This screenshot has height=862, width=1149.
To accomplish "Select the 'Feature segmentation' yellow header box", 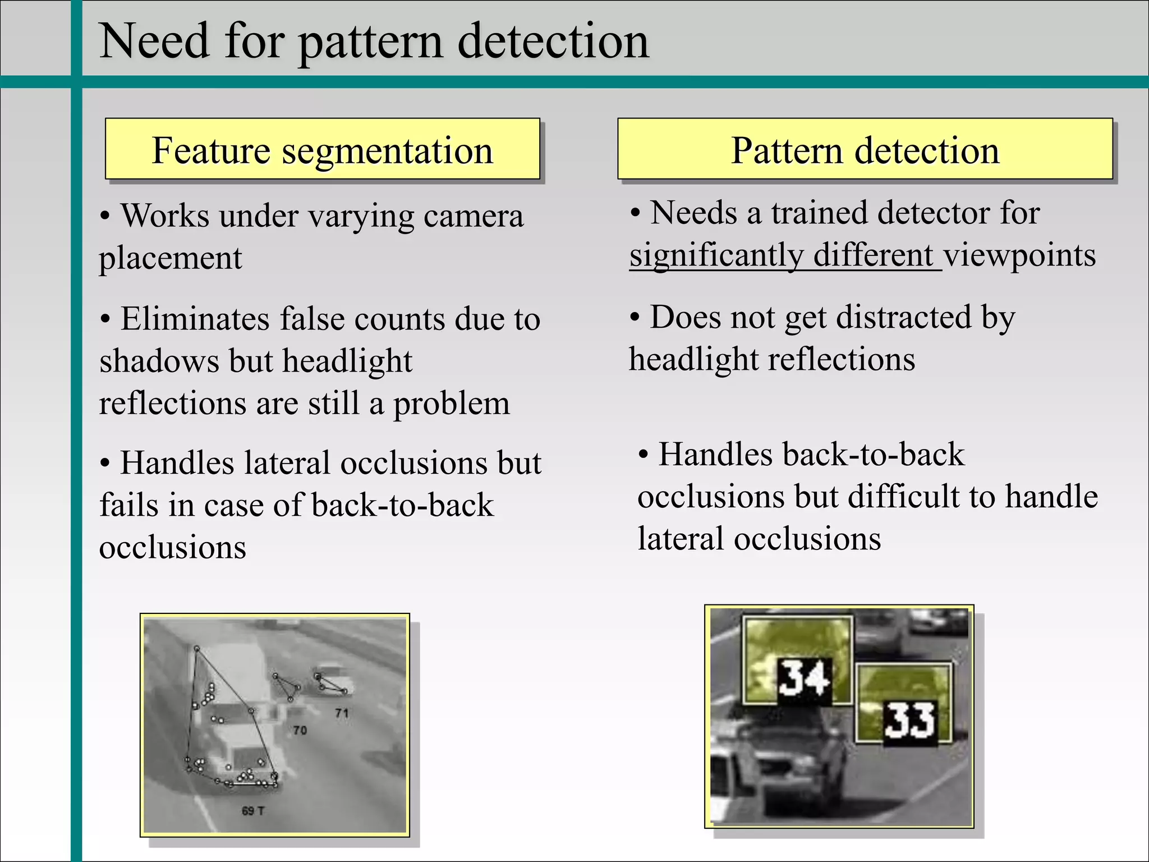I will [323, 149].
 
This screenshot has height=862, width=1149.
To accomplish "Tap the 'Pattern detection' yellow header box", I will [865, 149].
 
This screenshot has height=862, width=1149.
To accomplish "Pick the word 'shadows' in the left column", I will [159, 361].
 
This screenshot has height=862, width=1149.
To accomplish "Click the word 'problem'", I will [451, 403].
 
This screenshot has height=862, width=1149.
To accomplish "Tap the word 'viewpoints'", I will [1019, 255].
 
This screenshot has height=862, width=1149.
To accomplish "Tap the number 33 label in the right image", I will [909, 721].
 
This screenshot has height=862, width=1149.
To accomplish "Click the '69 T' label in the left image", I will [252, 810].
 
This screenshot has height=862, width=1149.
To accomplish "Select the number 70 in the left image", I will [300, 730].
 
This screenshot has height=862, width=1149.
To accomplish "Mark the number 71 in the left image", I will [342, 713].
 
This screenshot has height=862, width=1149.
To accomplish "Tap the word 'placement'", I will [171, 259].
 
